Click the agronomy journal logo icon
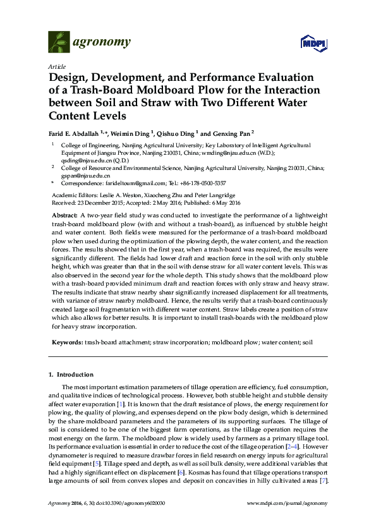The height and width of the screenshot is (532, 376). coord(59,43)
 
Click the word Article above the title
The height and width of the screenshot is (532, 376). coord(56,66)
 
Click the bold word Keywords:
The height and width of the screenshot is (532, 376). coord(67,341)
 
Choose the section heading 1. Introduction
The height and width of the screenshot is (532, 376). coord(71,375)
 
